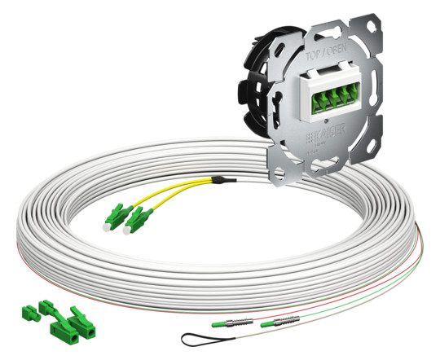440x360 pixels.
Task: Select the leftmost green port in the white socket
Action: tap(310, 103)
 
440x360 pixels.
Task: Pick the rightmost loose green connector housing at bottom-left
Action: tap(85, 320)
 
